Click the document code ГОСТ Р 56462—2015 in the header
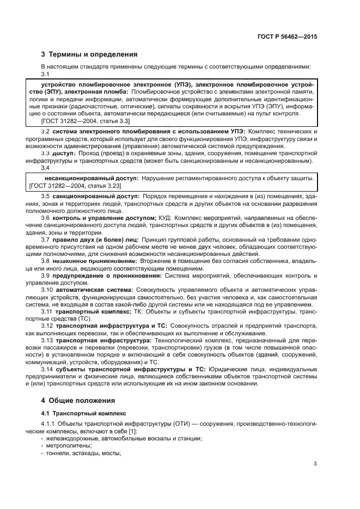click(x=287, y=37)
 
